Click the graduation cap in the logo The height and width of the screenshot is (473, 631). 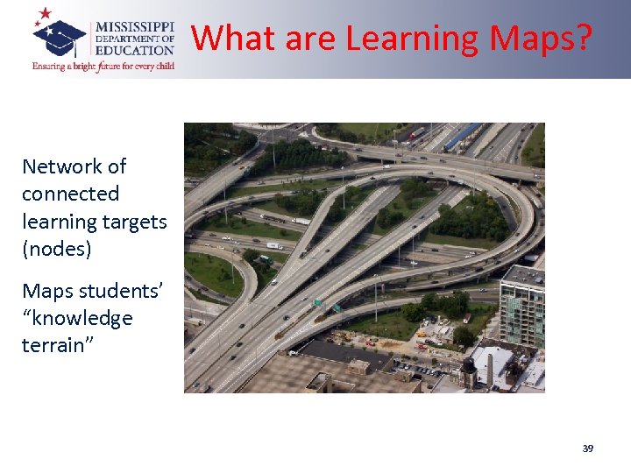pyautogui.click(x=59, y=37)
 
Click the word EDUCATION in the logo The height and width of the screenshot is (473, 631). pyautogui.click(x=137, y=51)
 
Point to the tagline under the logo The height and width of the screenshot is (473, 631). pyautogui.click(x=103, y=66)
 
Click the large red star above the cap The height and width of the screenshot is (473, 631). pyautogui.click(x=44, y=14)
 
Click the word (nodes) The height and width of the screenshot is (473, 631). pyautogui.click(x=57, y=250)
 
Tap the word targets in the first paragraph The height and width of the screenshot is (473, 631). pyautogui.click(x=134, y=222)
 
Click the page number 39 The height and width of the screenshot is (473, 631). pyautogui.click(x=587, y=448)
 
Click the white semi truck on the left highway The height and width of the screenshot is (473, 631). pyautogui.click(x=274, y=246)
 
